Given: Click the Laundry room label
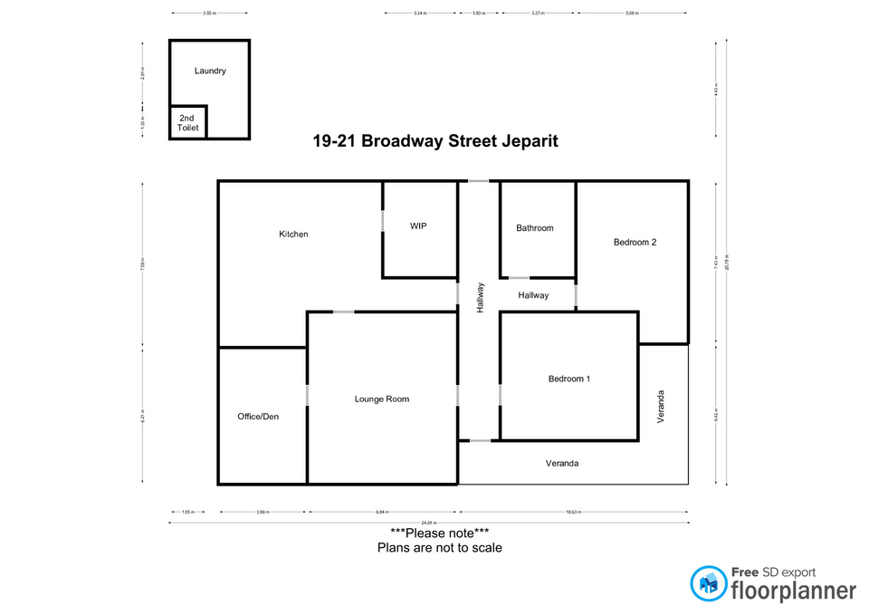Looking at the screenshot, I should click(x=210, y=71).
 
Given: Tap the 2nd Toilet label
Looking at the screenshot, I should click(x=186, y=123).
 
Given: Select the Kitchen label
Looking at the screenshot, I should click(x=293, y=235).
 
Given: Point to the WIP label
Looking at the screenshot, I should click(x=418, y=226).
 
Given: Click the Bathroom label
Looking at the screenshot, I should click(x=534, y=228).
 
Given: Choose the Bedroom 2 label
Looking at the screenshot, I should click(x=635, y=242).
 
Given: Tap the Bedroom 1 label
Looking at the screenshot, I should click(x=569, y=379).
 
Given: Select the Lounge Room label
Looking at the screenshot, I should click(x=382, y=399).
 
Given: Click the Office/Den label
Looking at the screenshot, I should click(x=258, y=417).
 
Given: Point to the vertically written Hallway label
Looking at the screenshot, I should click(x=481, y=298).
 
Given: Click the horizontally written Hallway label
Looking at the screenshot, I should click(x=533, y=295).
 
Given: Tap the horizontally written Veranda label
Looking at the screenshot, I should click(x=561, y=463).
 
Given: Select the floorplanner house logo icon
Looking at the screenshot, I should click(x=709, y=584).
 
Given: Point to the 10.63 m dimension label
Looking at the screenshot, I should click(x=573, y=512).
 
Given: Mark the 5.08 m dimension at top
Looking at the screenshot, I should click(x=633, y=14).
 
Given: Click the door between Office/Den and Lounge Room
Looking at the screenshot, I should click(x=308, y=396).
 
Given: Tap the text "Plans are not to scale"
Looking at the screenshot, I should click(x=439, y=548).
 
